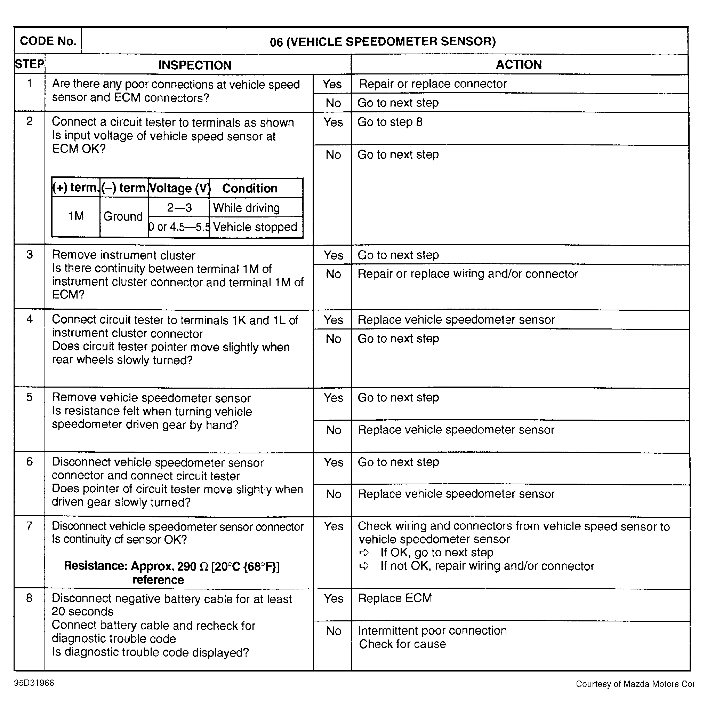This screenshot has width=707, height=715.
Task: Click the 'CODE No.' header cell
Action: (48, 41)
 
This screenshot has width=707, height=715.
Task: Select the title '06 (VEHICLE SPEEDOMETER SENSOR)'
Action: (383, 41)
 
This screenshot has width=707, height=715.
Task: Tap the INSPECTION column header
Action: (195, 65)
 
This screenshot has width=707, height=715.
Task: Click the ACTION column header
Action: (519, 65)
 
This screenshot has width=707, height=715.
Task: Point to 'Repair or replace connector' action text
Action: (433, 84)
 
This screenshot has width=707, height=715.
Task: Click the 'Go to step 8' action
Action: (389, 122)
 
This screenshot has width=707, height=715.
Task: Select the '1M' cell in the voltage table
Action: (76, 216)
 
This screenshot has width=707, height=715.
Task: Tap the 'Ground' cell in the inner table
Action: (123, 216)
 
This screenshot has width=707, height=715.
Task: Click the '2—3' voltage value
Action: (179, 208)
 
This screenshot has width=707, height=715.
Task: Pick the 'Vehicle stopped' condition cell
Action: (255, 227)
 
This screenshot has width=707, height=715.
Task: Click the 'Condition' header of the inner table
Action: (250, 188)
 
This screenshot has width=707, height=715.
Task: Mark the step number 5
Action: (30, 397)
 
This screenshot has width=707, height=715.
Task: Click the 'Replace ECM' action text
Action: (395, 598)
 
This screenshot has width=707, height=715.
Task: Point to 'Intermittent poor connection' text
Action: (432, 630)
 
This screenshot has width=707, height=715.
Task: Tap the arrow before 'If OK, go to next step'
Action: (364, 553)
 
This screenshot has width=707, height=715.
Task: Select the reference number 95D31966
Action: (34, 683)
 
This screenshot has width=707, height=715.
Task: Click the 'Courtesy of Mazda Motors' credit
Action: (634, 684)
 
